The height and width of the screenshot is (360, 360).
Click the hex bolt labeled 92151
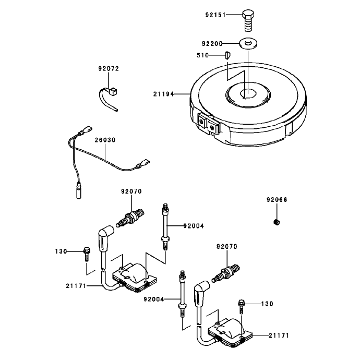248,20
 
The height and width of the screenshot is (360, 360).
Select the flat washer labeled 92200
248,43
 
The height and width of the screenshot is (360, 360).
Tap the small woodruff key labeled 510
228,55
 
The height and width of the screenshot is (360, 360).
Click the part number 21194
164,94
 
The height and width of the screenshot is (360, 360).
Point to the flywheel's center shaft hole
248,94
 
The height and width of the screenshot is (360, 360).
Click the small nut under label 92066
277,222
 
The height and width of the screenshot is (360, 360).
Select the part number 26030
105,140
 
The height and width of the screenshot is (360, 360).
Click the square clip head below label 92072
113,91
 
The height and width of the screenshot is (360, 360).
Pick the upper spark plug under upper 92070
130,218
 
